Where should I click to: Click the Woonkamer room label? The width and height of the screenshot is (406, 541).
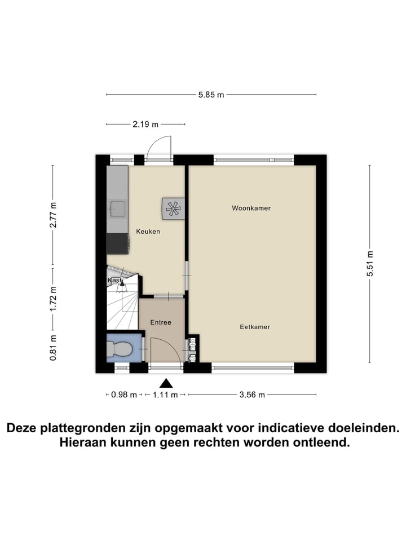tap(251, 208)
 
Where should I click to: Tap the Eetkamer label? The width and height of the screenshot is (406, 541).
tap(255, 327)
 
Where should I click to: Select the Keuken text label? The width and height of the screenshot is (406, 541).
tap(148, 231)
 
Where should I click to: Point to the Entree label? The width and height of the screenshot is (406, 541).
tap(160, 322)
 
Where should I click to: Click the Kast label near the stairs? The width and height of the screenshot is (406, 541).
tap(114, 280)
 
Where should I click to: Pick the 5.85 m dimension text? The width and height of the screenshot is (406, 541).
tap(211, 95)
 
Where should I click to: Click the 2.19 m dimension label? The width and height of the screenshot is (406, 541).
tap(145, 124)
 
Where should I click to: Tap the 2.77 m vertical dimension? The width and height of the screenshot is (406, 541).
tap(53, 215)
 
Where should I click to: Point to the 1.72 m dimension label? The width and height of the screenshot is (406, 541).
tap(53, 299)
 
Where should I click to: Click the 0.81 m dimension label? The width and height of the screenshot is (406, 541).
tap(53, 348)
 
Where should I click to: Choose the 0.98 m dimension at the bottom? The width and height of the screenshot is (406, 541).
tap(123, 395)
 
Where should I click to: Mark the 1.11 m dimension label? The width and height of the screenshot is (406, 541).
tap(165, 395)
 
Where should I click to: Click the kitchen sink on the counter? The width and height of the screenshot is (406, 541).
tap(117, 209)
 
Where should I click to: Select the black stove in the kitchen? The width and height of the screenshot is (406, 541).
tap(118, 243)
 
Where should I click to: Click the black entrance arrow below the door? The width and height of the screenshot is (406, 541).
tap(165, 383)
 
